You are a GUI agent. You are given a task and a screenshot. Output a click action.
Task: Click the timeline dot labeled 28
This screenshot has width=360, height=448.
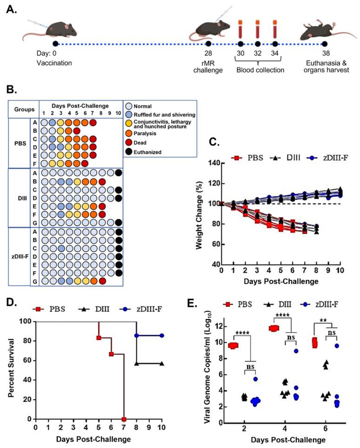pyautogui.click(x=208, y=44)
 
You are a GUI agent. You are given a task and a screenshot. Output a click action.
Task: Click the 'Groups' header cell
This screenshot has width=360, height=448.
pyautogui.click(x=23, y=110)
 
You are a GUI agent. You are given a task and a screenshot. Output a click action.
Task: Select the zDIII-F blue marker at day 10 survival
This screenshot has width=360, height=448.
pyautogui.click(x=161, y=335)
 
